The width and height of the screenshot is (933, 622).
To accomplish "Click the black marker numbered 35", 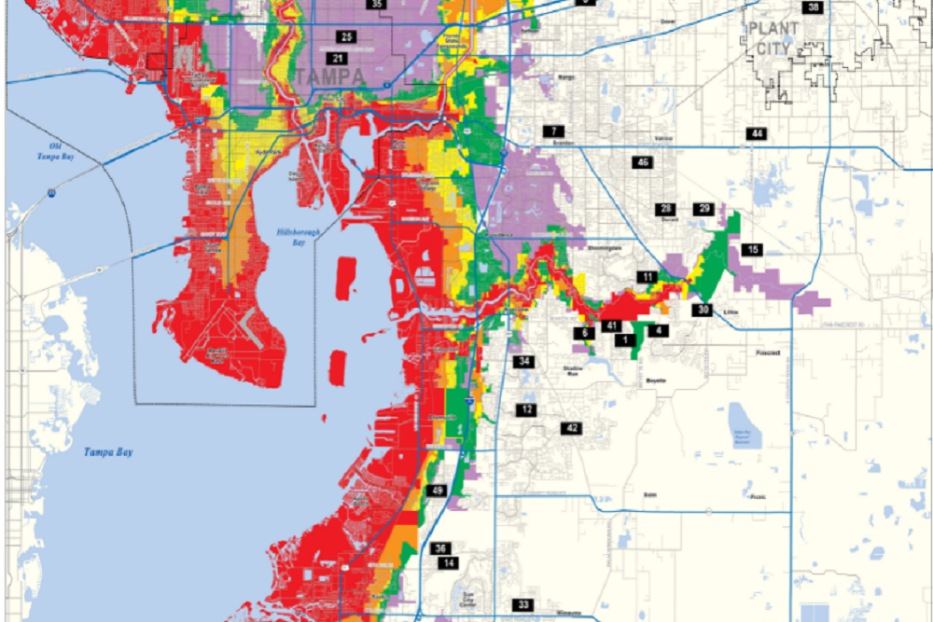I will point(376,5).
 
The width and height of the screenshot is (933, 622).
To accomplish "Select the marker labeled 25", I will point(346,37).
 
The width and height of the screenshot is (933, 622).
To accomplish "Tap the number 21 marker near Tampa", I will point(338,58).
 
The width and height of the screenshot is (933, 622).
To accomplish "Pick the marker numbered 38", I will point(814,7).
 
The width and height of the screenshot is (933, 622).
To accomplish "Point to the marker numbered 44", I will point(757,134).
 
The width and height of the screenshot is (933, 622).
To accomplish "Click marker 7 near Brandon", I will point(555,131).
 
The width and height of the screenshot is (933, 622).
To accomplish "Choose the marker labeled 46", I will point(642,163).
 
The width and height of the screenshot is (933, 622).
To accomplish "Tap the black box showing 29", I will point(703,209).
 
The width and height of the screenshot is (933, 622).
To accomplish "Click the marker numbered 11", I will point(648,277).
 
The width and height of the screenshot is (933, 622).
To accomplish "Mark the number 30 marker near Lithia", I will point(703,310).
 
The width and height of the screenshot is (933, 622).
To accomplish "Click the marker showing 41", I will point(612,325).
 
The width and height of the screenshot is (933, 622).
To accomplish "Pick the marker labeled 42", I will point(571,428).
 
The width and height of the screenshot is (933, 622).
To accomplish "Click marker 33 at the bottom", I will point(524,605).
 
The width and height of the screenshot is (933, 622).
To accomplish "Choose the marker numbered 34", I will point(525,361).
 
